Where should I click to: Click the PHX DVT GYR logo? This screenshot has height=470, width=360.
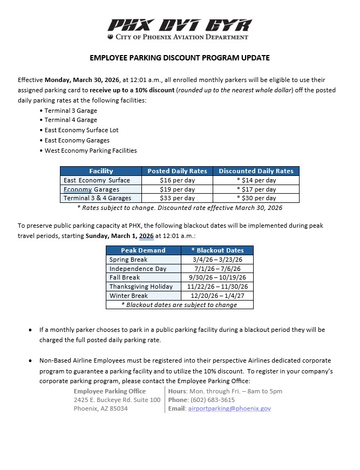coord(180,25)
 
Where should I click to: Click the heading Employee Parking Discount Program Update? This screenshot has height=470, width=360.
coord(180,58)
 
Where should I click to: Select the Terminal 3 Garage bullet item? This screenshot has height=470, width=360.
coord(71,111)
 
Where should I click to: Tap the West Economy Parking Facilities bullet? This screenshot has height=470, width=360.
coord(90,151)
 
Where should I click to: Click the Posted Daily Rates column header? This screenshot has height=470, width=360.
coord(177,171)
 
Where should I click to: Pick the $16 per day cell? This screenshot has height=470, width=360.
coord(177,180)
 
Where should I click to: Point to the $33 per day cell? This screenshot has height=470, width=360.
coord(177,198)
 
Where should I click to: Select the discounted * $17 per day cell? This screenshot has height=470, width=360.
coord(256,189)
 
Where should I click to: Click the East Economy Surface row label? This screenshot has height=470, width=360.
coord(97,180)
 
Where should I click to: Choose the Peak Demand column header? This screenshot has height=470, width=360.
coord(143,250)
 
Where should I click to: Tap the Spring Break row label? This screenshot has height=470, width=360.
coord(128,260)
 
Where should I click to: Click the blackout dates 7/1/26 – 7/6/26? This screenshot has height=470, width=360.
coord(218,269)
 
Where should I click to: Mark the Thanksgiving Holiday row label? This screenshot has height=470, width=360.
coord(141,287)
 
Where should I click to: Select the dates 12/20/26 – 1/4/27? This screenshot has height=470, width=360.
coord(218,296)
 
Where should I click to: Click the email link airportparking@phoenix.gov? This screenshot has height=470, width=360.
coord(229,408)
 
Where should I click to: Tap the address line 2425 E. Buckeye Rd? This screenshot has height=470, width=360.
coord(117,400)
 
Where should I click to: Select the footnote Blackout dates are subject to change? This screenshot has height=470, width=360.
coord(180,305)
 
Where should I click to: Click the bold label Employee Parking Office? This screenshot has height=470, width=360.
coord(110,391)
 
